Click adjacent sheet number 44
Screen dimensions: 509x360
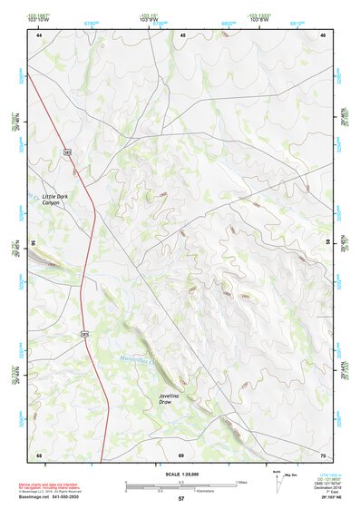coord(39,35)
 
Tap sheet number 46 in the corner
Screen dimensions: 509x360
coord(324,35)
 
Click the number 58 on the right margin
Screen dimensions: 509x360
coord(331,243)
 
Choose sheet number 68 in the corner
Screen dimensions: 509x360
coord(39,454)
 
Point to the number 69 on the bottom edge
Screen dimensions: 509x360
coord(181,454)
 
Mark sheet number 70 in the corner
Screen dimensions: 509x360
coord(324,454)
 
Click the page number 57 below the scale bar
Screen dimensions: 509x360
coord(181,499)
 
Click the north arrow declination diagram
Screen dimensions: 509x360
coord(277,481)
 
